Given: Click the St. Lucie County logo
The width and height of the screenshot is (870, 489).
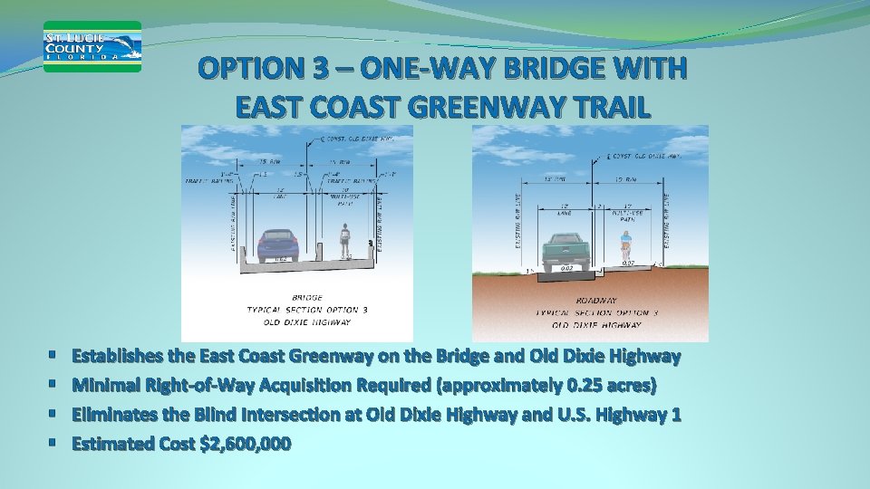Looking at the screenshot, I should [92, 46].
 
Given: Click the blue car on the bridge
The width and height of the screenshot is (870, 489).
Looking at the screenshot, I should [278, 244].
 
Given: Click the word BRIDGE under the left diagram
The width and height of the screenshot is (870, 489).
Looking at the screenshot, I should [306, 297].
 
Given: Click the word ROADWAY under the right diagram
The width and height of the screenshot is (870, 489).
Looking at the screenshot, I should [596, 300].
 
